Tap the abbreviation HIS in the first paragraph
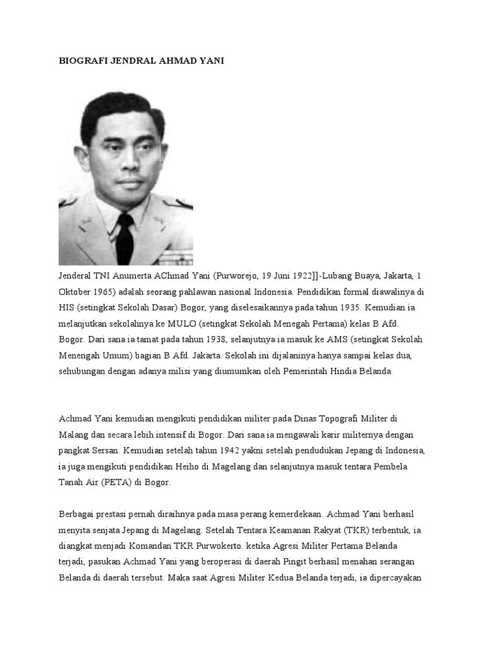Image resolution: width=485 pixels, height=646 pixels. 67,308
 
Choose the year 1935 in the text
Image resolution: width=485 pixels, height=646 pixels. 342,308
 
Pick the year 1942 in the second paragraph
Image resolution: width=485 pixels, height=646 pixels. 232,450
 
